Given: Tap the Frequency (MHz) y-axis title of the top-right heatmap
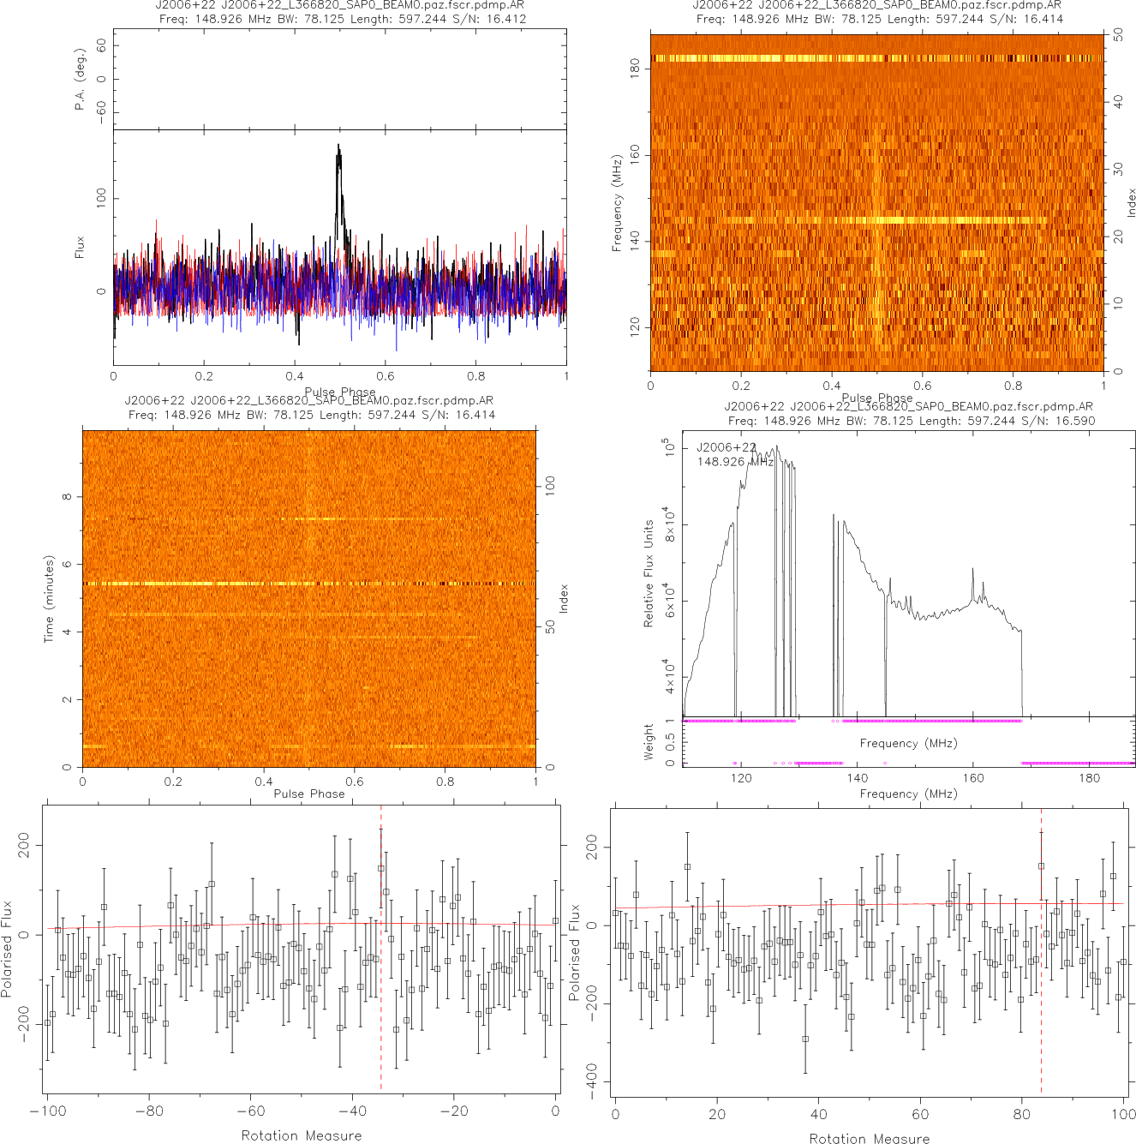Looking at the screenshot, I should pyautogui.click(x=617, y=203).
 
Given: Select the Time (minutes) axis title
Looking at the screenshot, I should pyautogui.click(x=49, y=598).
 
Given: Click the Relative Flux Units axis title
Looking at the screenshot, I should pyautogui.click(x=649, y=572).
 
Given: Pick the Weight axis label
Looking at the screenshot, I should pyautogui.click(x=649, y=742).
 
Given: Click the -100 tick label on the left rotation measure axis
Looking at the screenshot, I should pyautogui.click(x=48, y=1111).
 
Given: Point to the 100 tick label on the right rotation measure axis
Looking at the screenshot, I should pyautogui.click(x=1122, y=1114).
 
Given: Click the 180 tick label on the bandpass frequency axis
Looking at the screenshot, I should pyautogui.click(x=1089, y=778).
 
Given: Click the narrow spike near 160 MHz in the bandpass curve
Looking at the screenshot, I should pyautogui.click(x=972, y=572).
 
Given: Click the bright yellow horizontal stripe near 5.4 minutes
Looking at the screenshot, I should pyautogui.click(x=214, y=584).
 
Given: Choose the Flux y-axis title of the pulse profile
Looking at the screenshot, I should pyautogui.click(x=81, y=248).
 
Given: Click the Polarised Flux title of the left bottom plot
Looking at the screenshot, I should pyautogui.click(x=8, y=949).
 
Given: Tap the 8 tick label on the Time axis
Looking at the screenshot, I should pyautogui.click(x=67, y=497).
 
